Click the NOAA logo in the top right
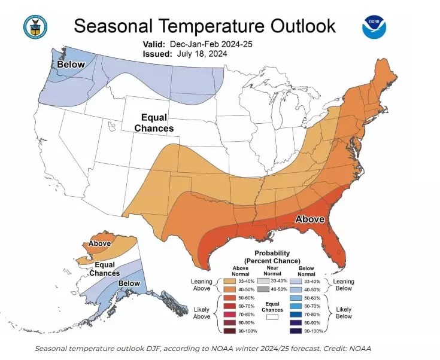(374, 28)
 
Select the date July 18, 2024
(202, 53)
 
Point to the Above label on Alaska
(99, 243)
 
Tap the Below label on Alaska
(129, 283)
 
